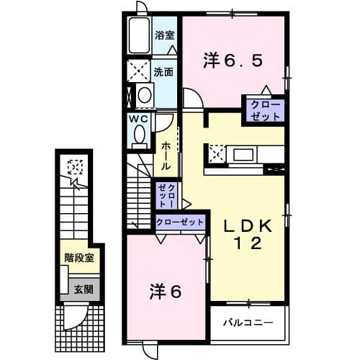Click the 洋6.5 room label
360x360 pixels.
(233, 61)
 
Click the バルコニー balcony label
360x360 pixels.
(247, 322)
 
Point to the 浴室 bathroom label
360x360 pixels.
(164, 34)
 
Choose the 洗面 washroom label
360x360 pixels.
(163, 72)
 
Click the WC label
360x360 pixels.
(139, 118)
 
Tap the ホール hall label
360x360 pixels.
(166, 156)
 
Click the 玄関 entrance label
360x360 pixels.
(83, 289)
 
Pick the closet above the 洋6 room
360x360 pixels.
(180, 222)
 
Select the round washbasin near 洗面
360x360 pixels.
(145, 95)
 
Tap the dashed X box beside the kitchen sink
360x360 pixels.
(216, 153)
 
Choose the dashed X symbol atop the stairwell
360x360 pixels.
(73, 168)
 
